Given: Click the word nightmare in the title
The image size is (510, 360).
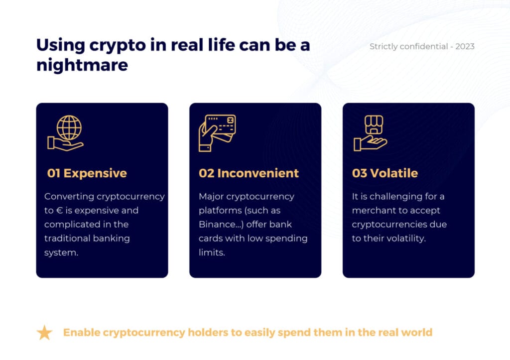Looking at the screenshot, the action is coord(82,65).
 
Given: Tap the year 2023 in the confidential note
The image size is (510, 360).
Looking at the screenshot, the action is coord(465,46).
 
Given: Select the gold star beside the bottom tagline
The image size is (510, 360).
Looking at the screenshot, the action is coord(44,332).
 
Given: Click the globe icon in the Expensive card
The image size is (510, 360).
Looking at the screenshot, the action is coord(69,127).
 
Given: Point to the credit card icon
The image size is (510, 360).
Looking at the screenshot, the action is coord(217,132).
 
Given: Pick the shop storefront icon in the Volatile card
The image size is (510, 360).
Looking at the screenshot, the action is coord(374,124).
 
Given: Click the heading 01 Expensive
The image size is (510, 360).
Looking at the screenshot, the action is coord(87,173).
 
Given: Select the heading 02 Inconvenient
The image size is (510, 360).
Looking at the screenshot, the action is coord(249,173).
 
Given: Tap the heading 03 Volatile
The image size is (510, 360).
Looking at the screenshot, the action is coord(385,173).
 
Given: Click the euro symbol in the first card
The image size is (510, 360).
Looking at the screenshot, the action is coord(59,211).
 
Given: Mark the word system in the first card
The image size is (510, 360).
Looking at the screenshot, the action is coord(61,252).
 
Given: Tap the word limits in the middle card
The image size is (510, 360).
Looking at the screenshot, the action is coord(212,252).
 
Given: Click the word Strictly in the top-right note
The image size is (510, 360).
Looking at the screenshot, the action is coord(384,47).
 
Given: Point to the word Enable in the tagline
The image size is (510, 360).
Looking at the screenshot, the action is coord(81,332).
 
